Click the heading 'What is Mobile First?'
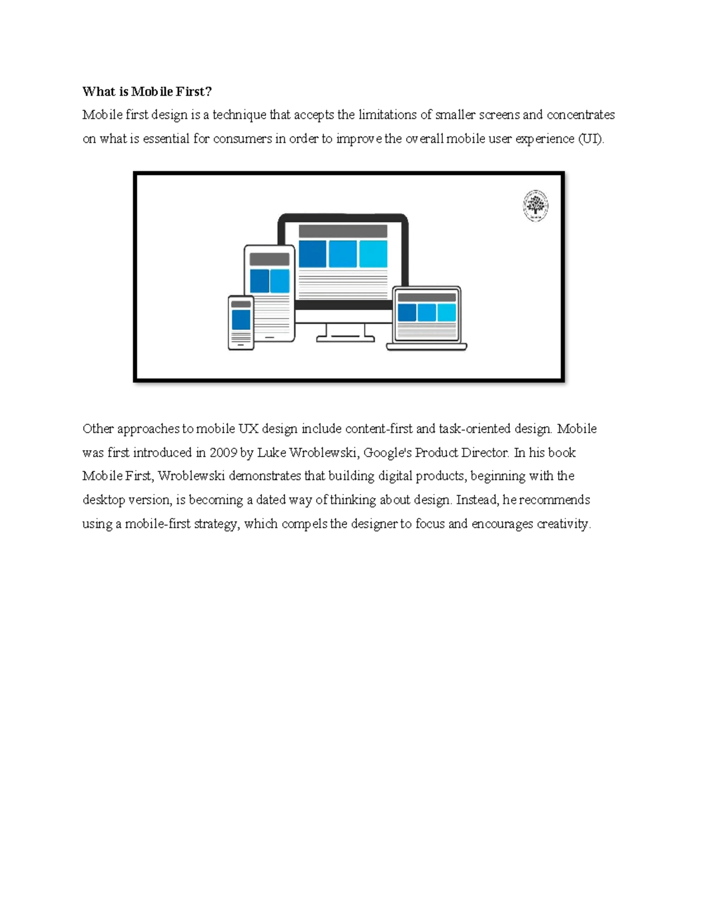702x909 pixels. (x=147, y=91)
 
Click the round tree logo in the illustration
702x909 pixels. (x=535, y=206)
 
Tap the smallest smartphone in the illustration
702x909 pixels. (x=240, y=323)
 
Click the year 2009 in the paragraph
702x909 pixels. (x=223, y=452)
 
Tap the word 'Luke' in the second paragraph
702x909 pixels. (x=271, y=452)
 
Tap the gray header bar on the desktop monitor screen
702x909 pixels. (x=343, y=231)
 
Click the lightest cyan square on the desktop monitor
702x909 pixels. (x=373, y=254)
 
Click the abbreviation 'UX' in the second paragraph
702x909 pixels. (x=248, y=428)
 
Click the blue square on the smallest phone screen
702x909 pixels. (x=241, y=320)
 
